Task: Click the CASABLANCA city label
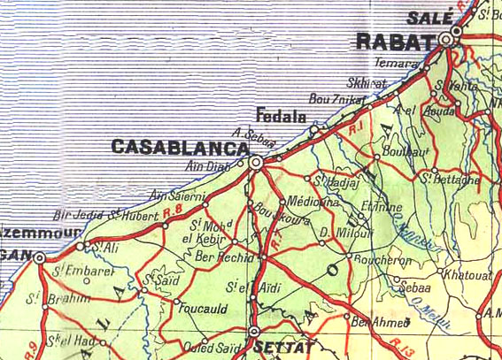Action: (178, 147)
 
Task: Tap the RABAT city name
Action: (395, 40)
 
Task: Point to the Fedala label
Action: (280, 116)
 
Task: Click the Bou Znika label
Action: (336, 100)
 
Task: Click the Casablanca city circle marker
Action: (256, 163)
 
